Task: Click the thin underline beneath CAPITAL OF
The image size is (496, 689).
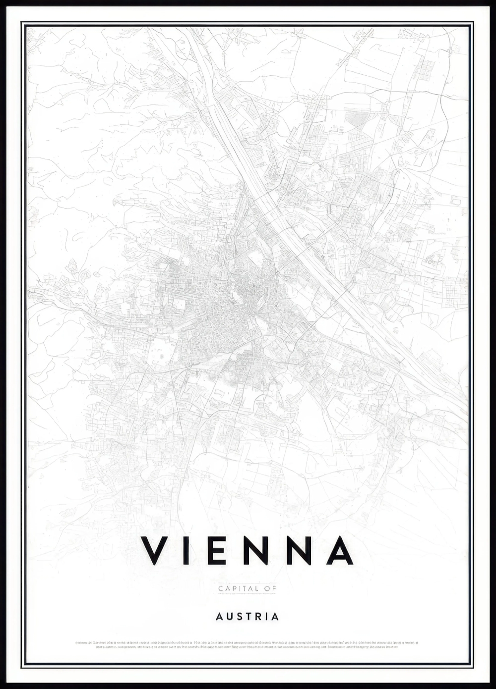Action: coord(247,593)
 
